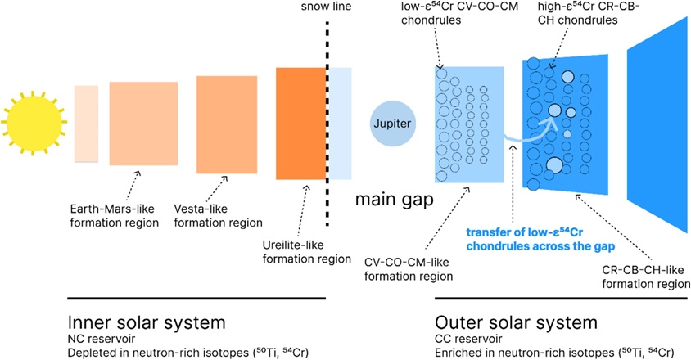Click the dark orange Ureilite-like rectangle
pos(301,123)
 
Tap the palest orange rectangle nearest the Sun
pos(86,123)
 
